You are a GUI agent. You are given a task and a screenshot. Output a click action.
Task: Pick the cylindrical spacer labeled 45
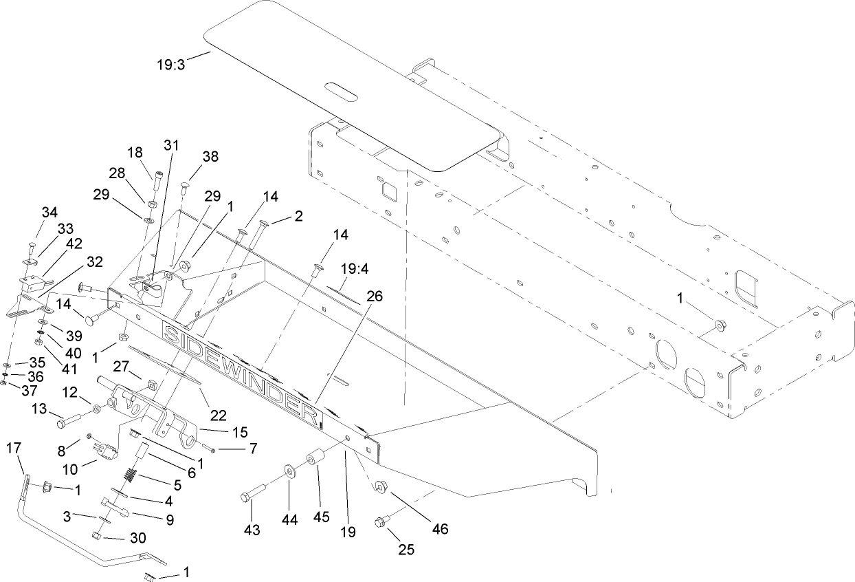(316, 459)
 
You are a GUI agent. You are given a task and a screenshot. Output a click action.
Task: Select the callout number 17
(14, 449)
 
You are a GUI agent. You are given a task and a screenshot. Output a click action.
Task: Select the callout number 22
(218, 415)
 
